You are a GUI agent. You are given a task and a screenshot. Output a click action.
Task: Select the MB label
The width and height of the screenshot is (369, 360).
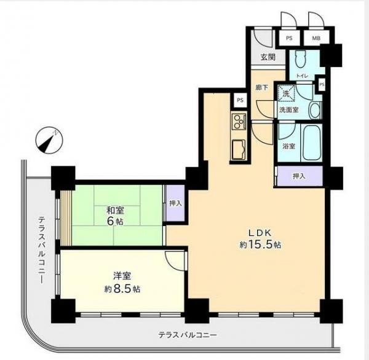[x=316, y=38]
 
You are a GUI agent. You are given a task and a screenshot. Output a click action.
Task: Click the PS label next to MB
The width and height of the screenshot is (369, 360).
[x=288, y=38]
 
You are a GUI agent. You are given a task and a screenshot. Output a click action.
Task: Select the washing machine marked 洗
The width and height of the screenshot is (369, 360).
[x=285, y=94]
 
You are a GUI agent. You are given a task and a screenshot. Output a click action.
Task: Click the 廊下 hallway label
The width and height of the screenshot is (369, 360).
[x=262, y=87]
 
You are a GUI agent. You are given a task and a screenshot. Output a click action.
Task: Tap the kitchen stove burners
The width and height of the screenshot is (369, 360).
[x=238, y=121]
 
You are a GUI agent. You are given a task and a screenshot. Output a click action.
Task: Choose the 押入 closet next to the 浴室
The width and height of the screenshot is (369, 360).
[x=299, y=176]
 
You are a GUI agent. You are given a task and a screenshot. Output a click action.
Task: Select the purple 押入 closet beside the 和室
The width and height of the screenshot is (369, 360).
[x=175, y=203]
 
